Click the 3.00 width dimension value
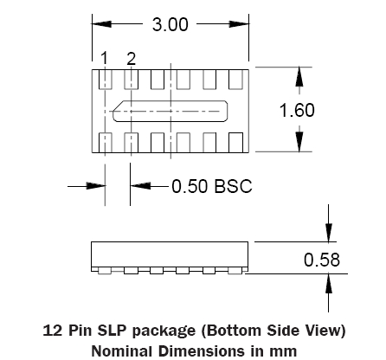(x=170, y=24)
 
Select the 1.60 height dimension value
(x=297, y=110)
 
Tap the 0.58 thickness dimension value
(x=322, y=260)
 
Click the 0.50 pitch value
(x=190, y=186)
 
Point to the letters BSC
(x=234, y=186)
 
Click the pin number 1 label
(x=105, y=58)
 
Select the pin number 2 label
(x=131, y=59)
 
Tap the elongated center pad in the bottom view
(x=170, y=111)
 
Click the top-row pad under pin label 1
(x=106, y=80)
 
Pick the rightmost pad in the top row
(x=235, y=80)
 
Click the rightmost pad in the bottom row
(x=235, y=142)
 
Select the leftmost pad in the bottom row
(x=106, y=142)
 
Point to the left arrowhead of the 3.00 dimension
(x=101, y=24)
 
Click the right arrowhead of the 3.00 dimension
(x=239, y=24)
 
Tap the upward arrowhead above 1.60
(x=299, y=77)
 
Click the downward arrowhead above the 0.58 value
(x=328, y=233)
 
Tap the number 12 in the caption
(x=53, y=330)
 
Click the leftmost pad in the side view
(x=105, y=271)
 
